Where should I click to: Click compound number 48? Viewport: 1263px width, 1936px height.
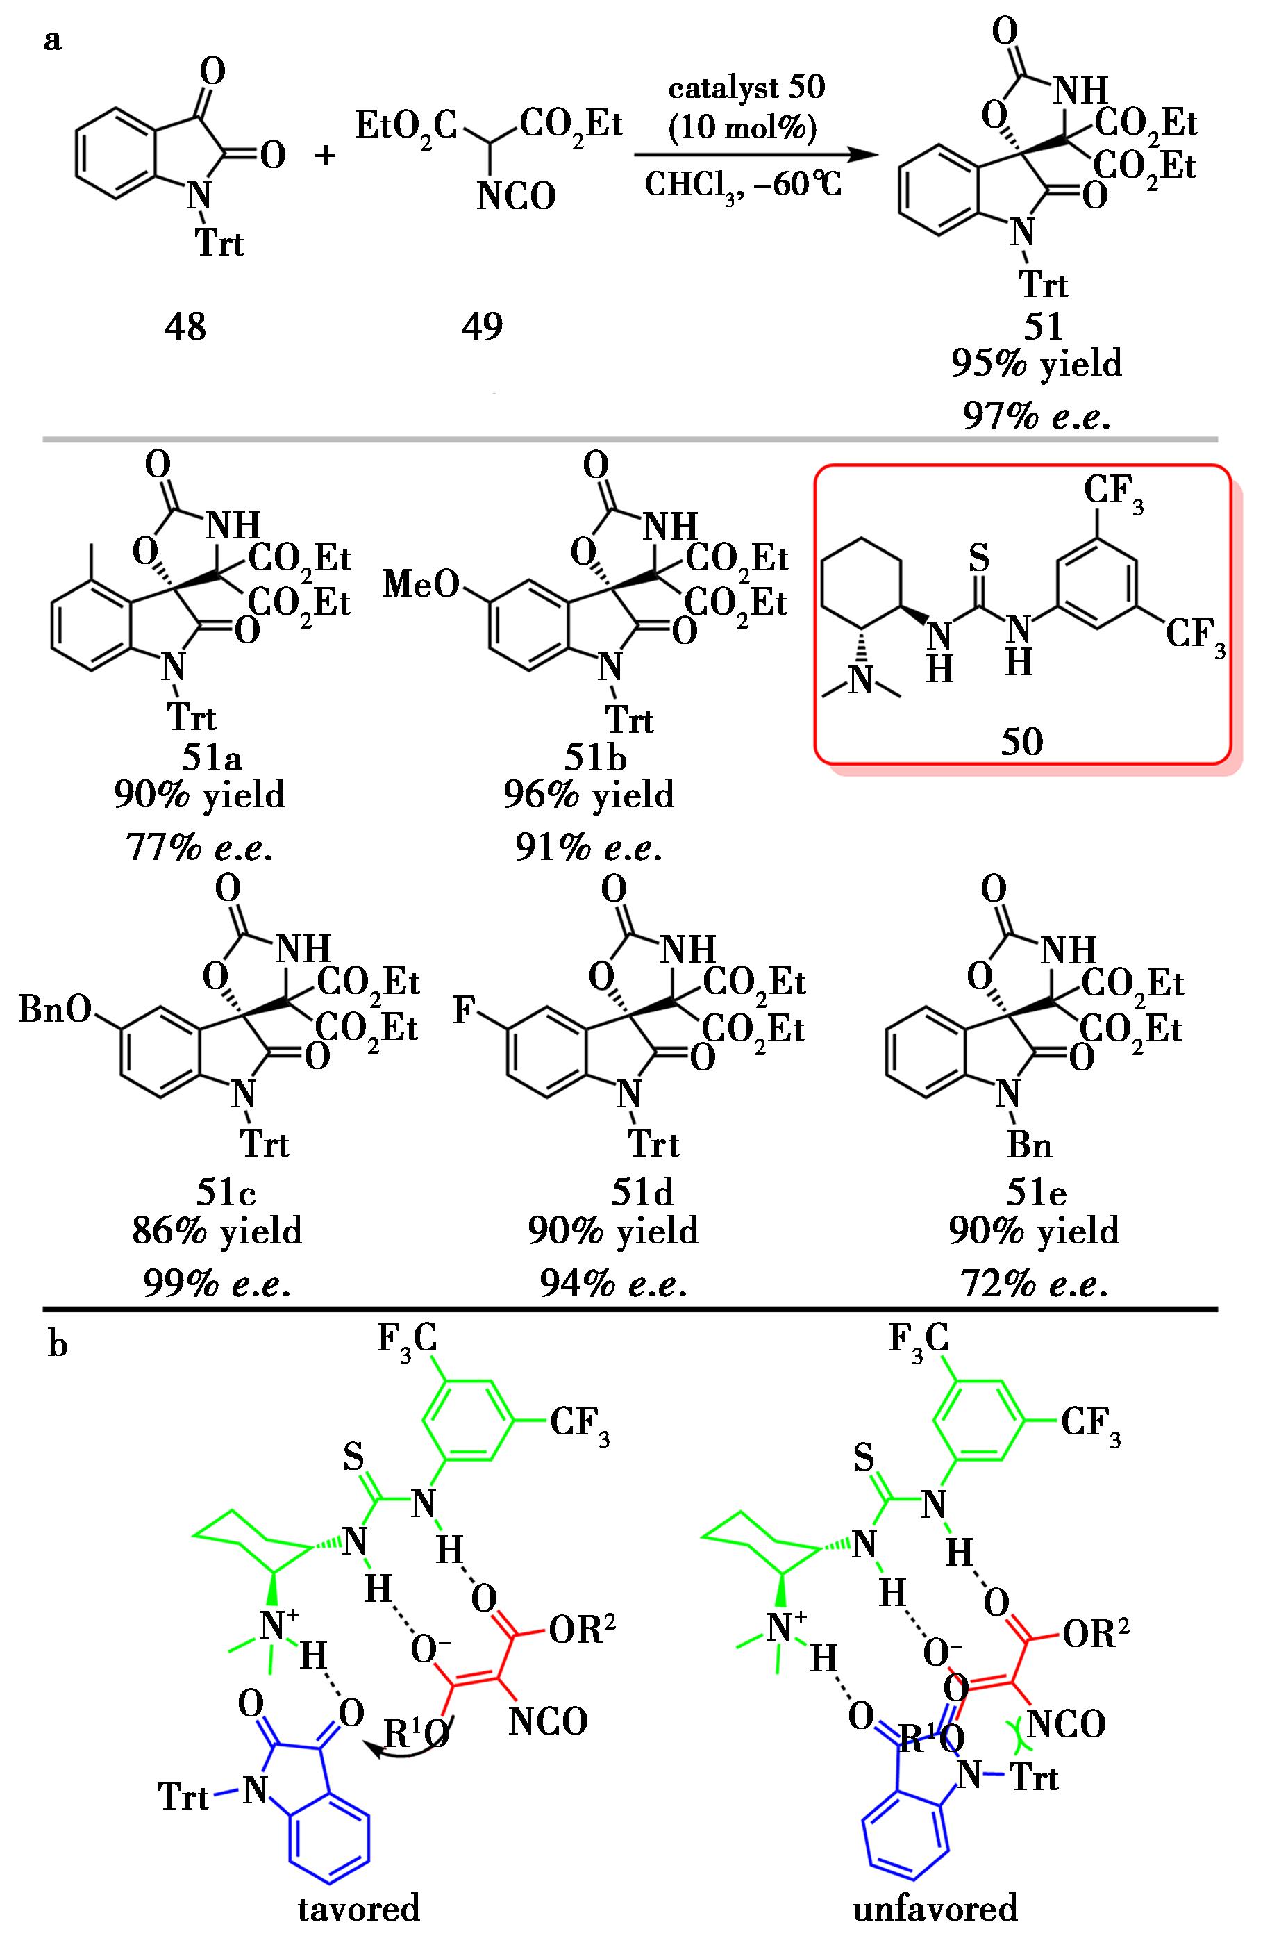coord(185,327)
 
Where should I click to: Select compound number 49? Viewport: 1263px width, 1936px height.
coord(483,327)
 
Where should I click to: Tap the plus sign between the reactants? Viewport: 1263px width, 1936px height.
coord(326,154)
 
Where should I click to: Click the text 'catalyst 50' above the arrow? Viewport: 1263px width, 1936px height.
coord(746,87)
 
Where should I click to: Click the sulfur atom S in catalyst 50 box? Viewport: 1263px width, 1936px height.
coord(980,558)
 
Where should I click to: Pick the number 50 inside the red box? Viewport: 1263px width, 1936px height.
coord(1021,741)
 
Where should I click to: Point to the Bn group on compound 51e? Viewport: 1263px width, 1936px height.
coord(1029,1145)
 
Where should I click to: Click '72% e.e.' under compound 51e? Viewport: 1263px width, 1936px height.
coord(1034,1284)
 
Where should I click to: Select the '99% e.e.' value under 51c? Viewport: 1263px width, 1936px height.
coord(217,1284)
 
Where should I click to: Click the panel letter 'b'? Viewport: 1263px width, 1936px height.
coord(57,1345)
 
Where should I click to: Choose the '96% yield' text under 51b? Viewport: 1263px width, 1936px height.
coord(589,794)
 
